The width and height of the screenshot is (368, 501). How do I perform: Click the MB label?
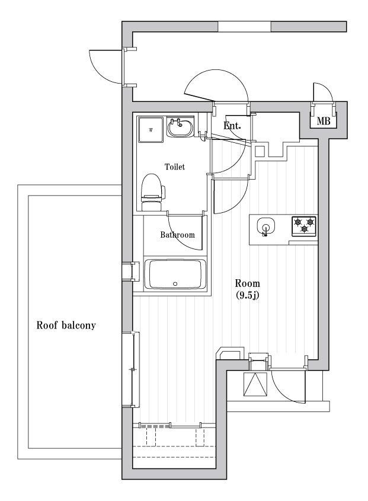pos(323,122)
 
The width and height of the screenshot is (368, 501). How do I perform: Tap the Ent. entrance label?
pos(232,126)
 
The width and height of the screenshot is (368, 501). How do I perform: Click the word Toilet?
pos(175,167)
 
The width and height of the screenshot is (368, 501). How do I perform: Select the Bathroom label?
pos(177,235)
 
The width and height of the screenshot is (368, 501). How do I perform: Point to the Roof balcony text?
pos(66,326)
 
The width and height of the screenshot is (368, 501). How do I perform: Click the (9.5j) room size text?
pos(247,295)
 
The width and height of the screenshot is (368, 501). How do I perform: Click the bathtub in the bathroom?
pos(176,275)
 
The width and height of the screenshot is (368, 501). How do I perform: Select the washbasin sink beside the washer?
pos(178,127)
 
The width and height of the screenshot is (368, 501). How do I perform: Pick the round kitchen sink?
pos(265,226)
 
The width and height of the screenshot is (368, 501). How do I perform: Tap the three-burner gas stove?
pos(304,225)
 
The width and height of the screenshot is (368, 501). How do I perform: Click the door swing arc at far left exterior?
pos(104,65)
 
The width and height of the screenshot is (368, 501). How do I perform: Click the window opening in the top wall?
pos(244,27)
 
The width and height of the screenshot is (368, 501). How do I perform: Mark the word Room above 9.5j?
pos(247,283)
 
